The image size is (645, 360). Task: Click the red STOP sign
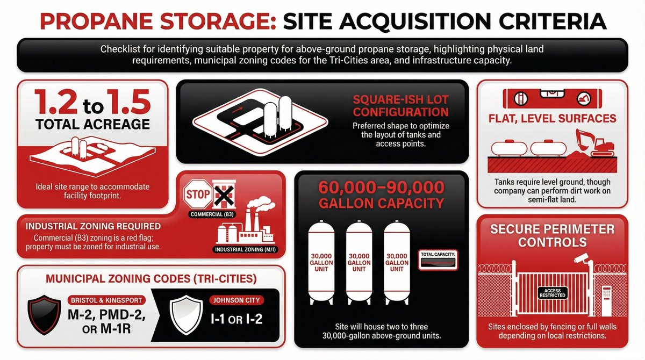coord(198,194)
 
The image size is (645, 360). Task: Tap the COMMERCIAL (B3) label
coord(212,214)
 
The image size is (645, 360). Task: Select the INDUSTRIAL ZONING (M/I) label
coord(246,249)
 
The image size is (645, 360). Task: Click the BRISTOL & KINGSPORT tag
coord(106,300)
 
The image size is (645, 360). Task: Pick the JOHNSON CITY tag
coord(236,300)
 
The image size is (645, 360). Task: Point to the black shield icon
coord(44,314)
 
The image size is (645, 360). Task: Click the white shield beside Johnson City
coord(186,314)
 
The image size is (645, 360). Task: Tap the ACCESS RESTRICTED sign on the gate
coord(553,293)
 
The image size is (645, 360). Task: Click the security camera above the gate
coord(582,258)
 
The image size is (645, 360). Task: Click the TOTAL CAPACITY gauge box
coord(438,260)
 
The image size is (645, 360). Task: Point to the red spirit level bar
coord(553,98)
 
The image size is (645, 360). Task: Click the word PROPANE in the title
coord(97,21)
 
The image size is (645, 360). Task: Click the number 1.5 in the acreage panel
coord(128,102)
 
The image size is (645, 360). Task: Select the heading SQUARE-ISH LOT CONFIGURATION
coord(401,106)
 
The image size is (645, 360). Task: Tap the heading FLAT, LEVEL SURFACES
coord(553,118)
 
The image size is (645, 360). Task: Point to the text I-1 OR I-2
coord(236,319)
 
